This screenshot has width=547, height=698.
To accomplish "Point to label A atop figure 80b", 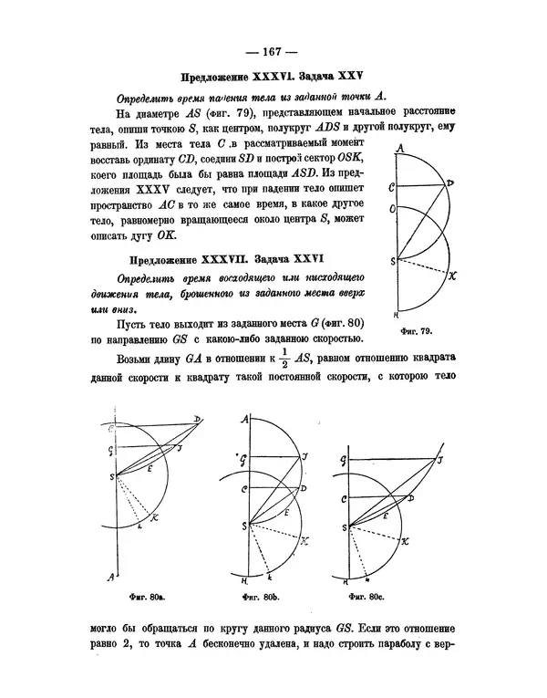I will pos(243,420).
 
